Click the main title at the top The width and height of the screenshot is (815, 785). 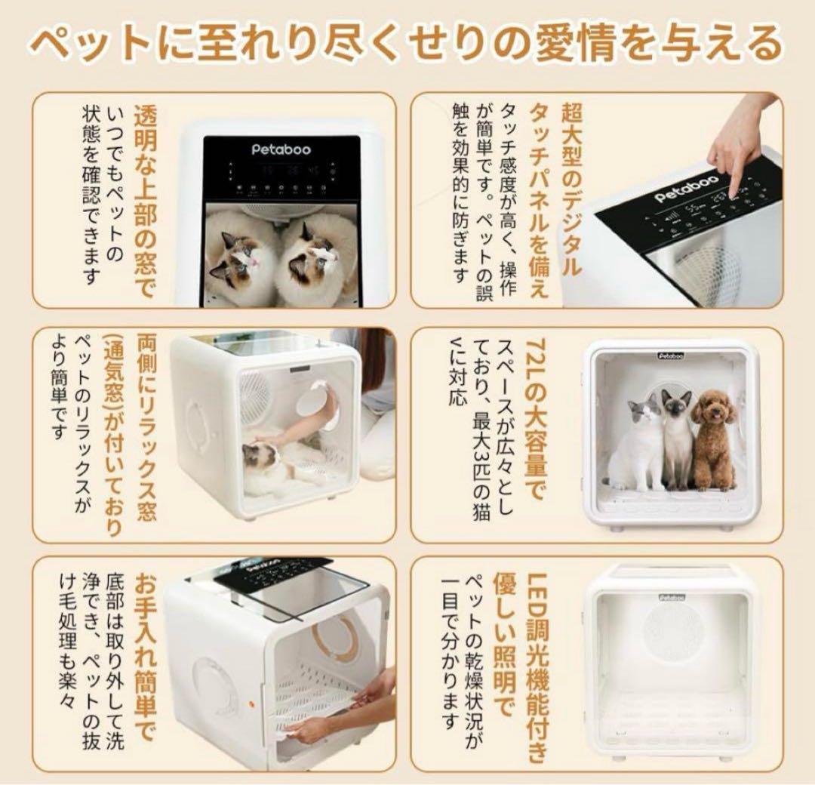[x=407, y=43]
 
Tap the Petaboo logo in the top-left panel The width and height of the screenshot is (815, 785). [x=281, y=149]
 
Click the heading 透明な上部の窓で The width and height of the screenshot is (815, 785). [x=145, y=200]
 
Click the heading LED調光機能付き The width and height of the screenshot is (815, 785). [x=535, y=664]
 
